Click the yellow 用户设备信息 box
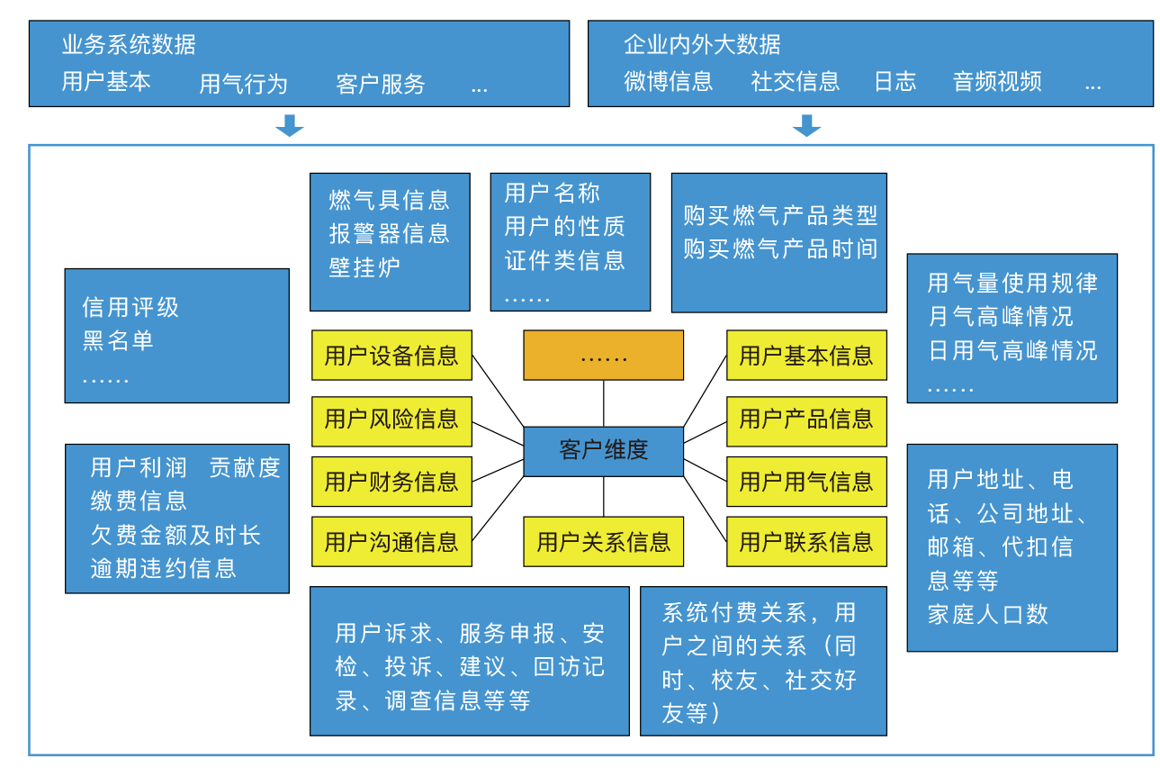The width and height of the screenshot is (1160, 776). pos(391,356)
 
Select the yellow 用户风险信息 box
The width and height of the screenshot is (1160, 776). pos(391,420)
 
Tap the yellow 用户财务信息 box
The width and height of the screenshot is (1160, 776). pos(391,482)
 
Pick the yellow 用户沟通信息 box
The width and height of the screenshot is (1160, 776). pos(391,542)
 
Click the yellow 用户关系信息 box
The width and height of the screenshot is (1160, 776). pos(603,542)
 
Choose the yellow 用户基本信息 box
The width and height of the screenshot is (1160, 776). pos(806,356)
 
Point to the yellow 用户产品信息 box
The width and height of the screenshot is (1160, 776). pos(806,420)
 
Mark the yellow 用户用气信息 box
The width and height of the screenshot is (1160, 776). pos(806,482)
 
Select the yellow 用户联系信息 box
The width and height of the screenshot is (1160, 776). pos(806,542)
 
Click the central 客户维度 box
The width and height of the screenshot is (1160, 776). pos(603,451)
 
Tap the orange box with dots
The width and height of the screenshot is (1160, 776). pos(603,356)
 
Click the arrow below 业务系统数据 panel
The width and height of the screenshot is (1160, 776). pos(290,126)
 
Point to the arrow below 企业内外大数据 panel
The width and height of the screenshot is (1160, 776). pos(806,126)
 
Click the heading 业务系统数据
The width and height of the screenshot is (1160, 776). pos(129,44)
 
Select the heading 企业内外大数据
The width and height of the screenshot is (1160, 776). pos(702,44)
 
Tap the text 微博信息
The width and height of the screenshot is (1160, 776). pos(669,82)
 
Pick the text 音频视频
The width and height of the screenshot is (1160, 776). pos(997,82)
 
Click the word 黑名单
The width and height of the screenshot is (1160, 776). pos(118,340)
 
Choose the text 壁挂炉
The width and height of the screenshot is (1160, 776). pos(364,267)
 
